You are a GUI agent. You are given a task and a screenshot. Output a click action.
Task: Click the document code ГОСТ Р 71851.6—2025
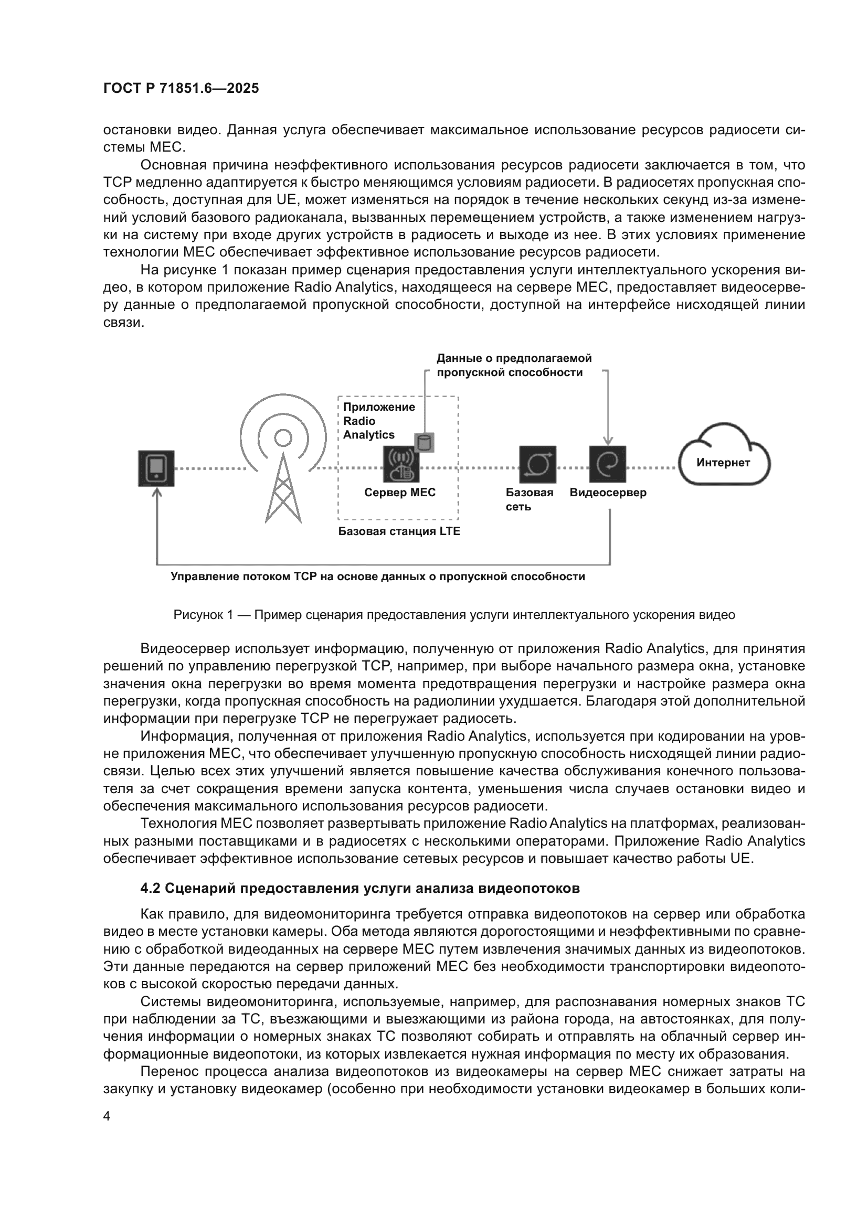pyautogui.click(x=181, y=88)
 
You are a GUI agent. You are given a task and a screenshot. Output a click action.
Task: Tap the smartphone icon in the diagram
pyautogui.click(x=156, y=468)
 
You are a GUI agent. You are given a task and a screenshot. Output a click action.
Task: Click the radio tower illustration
pyautogui.click(x=283, y=465)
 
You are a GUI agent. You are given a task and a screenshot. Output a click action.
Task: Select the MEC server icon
pyautogui.click(x=401, y=465)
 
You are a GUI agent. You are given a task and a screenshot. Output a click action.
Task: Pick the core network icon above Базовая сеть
pyautogui.click(x=538, y=464)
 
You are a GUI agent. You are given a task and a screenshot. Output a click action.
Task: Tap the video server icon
pyautogui.click(x=608, y=464)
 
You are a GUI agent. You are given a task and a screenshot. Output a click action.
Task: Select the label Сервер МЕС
pyautogui.click(x=400, y=493)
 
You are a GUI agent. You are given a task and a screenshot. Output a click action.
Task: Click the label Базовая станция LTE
pyautogui.click(x=399, y=532)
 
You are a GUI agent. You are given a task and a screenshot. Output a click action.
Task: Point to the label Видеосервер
pyautogui.click(x=608, y=493)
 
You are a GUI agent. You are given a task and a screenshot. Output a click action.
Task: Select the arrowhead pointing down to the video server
pyautogui.click(x=608, y=440)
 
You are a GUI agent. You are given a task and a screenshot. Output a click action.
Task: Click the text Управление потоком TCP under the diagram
pyautogui.click(x=377, y=577)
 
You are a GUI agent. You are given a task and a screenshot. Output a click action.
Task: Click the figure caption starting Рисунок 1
pyautogui.click(x=454, y=615)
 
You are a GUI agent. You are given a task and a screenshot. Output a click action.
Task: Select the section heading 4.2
pyautogui.click(x=359, y=888)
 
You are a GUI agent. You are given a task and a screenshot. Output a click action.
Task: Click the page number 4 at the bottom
pyautogui.click(x=107, y=1117)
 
